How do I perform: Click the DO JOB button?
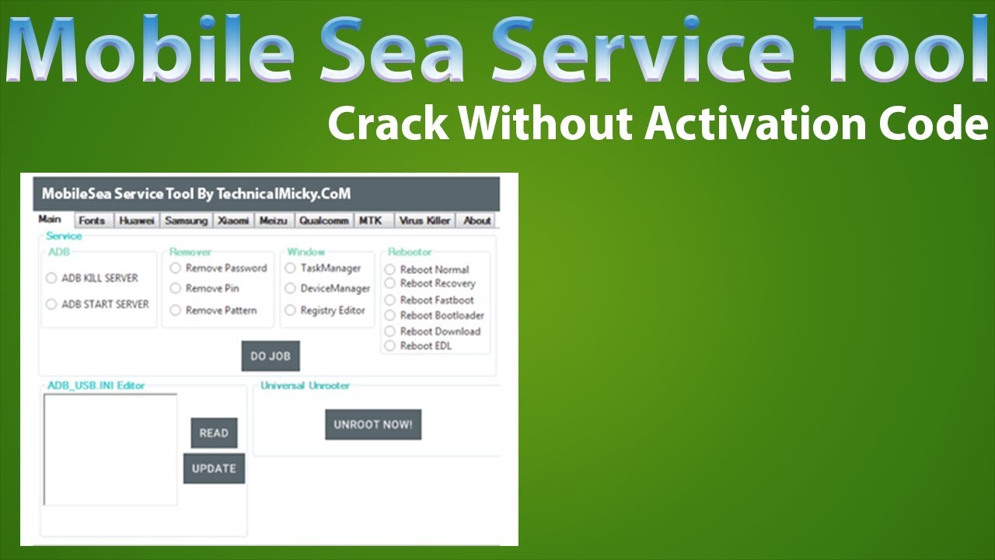point(270,356)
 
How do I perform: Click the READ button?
point(214,433)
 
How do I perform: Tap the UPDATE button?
point(214,468)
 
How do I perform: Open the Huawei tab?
point(137,221)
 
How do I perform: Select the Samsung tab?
point(186,221)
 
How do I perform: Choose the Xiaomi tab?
point(233,221)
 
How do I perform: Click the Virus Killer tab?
point(424,221)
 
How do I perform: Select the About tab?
point(477,221)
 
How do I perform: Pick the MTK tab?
point(371,221)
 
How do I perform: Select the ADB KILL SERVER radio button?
point(51,278)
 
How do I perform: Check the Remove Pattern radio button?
point(176,310)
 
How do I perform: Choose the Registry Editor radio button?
point(291,310)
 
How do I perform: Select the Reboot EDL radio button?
point(390,346)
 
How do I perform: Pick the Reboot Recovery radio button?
point(390,284)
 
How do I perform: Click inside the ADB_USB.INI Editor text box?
point(110,450)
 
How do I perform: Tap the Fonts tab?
point(92,221)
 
